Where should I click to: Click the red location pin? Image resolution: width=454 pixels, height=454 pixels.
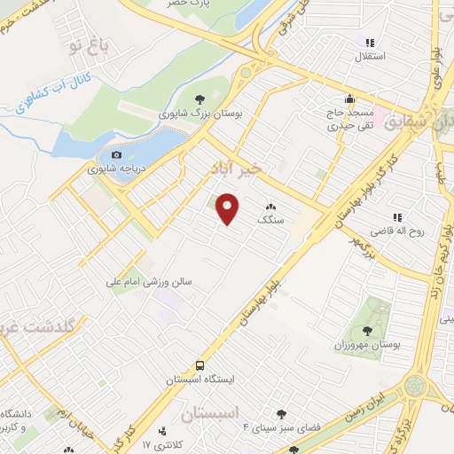tap(228, 208)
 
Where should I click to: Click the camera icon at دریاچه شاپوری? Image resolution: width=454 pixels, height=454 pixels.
tap(115, 155)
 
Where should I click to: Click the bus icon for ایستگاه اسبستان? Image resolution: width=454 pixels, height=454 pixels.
tap(200, 364)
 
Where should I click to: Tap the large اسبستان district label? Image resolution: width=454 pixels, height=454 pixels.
tap(210, 414)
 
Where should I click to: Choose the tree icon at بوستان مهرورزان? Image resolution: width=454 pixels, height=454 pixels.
tap(379, 307)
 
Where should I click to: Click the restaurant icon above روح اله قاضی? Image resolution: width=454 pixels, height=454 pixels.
tap(396, 217)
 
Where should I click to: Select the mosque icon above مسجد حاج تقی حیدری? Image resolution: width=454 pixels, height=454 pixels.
tap(349, 99)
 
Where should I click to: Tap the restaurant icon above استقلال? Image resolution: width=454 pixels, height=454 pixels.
tap(370, 42)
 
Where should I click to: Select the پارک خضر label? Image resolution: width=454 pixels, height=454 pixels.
tap(192, 4)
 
